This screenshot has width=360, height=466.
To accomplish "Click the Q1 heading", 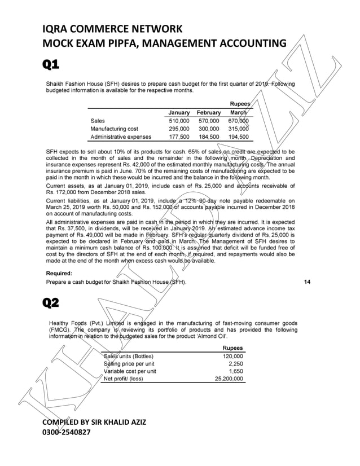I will pos(51,65).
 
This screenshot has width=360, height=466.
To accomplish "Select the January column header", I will pos(179,113).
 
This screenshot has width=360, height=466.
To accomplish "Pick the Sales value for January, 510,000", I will pos(179,121).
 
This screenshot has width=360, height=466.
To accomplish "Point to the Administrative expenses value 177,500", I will pos(179,137).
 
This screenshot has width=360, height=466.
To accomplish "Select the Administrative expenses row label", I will pos(121,137).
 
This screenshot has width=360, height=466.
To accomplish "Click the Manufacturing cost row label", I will pos(114,129).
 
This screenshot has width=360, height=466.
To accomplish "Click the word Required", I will pos(63,273).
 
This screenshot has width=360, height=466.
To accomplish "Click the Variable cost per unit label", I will pos(130,371).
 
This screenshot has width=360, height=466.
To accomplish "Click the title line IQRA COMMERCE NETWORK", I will pos(112,29).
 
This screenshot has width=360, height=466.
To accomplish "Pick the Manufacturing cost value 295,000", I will pos(179,129).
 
